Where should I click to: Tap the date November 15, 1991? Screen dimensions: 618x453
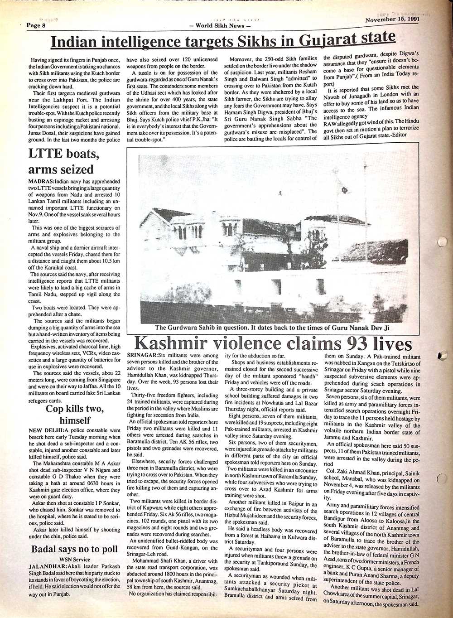(391, 19)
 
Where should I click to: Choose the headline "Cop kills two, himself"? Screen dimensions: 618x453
(75, 415)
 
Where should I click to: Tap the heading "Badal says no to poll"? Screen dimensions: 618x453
(74, 550)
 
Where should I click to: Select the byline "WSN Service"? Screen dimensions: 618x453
(75, 560)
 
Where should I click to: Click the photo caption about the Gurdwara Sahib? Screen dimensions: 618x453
(272, 328)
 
